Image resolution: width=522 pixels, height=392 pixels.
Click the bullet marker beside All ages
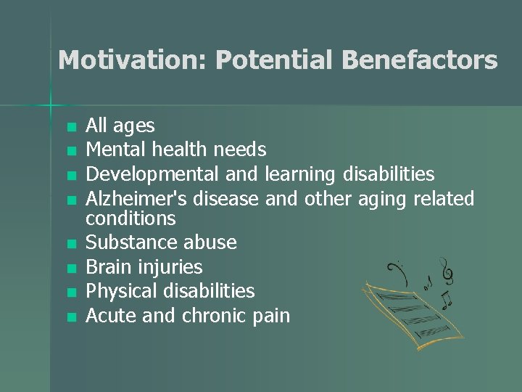[x=70, y=127]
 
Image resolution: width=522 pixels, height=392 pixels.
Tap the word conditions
[x=131, y=218]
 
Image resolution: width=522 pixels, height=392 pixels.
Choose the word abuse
[x=211, y=242]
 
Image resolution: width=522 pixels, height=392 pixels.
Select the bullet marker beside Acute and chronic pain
[x=70, y=317]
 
